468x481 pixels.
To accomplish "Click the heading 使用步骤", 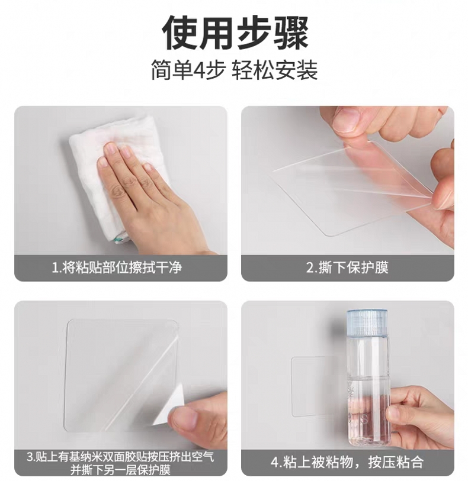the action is point(235,32).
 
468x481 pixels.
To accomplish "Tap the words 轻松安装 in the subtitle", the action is point(275,70).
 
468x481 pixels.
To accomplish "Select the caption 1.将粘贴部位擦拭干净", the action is point(117,267).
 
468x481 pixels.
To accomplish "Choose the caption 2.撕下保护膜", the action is point(347,267).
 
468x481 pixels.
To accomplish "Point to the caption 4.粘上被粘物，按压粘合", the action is point(347,461).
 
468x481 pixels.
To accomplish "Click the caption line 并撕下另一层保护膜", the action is point(120,469).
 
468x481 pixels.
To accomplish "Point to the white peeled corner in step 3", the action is point(169,406).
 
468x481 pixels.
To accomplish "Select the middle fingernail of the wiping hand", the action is point(125,150).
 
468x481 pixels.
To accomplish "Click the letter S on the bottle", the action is point(364,419).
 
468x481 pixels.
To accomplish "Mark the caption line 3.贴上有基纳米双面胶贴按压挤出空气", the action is point(120,457).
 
